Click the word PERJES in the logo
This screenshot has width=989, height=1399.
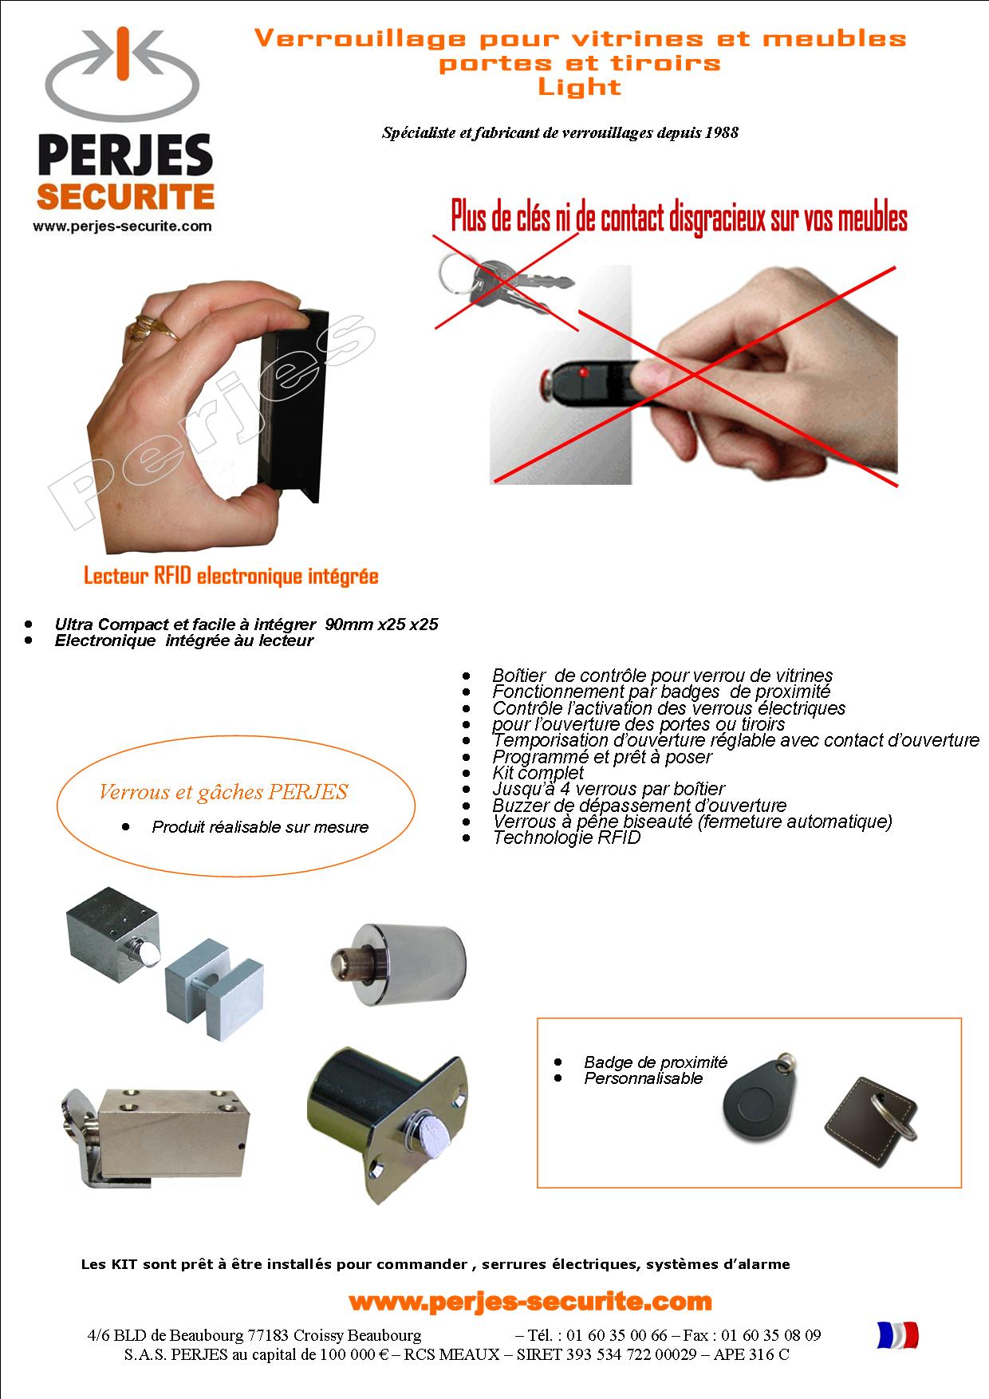125,156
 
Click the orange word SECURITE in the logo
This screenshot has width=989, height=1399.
125,196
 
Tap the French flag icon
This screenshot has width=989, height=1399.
897,1334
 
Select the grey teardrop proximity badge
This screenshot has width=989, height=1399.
754,1098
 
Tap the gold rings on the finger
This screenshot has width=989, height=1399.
152,326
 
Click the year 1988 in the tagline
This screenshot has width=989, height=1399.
722,132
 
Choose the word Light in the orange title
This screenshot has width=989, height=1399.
579,87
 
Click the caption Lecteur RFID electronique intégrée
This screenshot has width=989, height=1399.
231,576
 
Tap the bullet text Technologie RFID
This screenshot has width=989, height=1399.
566,837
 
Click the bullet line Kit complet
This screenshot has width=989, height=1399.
538,773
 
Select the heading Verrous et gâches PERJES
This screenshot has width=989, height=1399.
223,792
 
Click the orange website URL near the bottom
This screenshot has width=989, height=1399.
530,1302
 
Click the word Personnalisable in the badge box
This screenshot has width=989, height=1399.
644,1078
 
